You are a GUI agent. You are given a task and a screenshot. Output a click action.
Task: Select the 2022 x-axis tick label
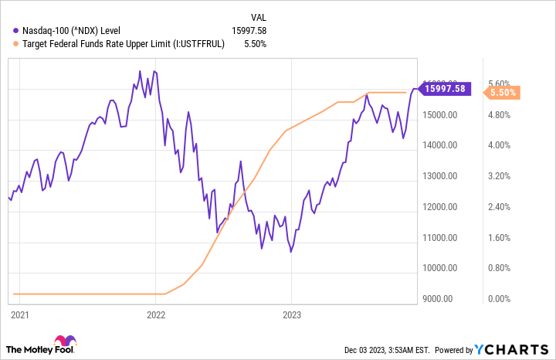[x=155, y=315]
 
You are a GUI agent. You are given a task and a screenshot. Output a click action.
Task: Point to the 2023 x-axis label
[x=291, y=315]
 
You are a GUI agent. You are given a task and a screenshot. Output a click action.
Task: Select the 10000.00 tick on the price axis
[x=442, y=268]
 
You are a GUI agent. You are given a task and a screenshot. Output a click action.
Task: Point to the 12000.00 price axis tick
[x=442, y=207]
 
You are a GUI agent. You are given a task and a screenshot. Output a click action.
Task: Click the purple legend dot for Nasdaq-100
[x=16, y=30]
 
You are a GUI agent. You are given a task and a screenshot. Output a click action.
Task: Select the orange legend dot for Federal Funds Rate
[x=16, y=44]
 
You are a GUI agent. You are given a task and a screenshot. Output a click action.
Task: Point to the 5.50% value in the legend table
[x=254, y=44]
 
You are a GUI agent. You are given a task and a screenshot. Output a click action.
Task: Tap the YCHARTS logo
[x=514, y=349]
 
